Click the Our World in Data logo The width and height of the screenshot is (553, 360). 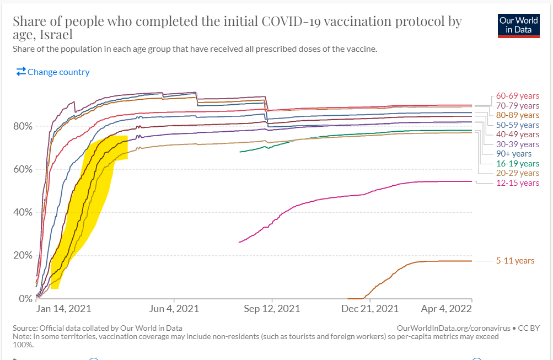pos(519,25)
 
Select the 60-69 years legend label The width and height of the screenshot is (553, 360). pos(517,96)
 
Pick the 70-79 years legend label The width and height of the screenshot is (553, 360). pos(517,105)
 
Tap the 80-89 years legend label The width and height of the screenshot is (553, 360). pos(517,115)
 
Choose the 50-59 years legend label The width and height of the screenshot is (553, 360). pos(517,125)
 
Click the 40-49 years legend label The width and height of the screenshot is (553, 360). pos(517,135)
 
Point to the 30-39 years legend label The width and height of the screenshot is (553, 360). pos(517,144)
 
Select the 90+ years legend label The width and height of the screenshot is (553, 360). pos(513,154)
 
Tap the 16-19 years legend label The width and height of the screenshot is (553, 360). pos(517,164)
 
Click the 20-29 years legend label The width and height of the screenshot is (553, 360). pos(517,173)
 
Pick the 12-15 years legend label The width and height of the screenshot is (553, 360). pos(517,183)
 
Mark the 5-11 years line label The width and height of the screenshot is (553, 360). pos(515,261)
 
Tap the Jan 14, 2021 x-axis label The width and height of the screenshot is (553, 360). pos(63,309)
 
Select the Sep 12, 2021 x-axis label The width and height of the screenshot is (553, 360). pos(272,309)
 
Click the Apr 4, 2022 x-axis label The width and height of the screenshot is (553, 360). pos(447,309)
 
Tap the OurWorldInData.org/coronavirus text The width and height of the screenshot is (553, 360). pos(453,328)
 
